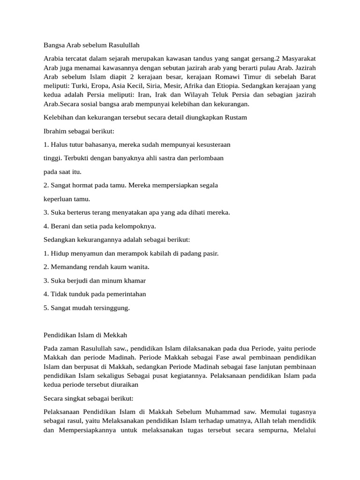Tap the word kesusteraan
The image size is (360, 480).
coord(211,144)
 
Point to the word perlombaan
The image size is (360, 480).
coord(206,158)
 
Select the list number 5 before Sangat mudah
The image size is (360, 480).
coord(45,308)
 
